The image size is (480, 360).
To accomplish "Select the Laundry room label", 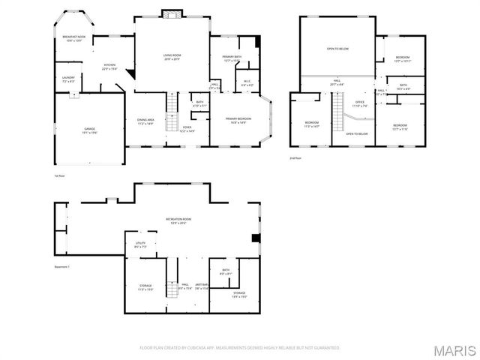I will click(x=68, y=78).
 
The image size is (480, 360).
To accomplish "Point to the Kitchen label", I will click(x=109, y=66).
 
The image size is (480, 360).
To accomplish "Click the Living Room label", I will click(x=172, y=56).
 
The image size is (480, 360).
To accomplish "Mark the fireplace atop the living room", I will click(x=172, y=13).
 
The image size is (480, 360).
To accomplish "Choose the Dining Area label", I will click(x=145, y=121).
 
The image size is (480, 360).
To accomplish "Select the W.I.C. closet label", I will click(x=246, y=83).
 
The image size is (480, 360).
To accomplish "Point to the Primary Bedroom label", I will click(x=239, y=120).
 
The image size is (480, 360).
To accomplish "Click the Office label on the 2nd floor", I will click(x=360, y=103).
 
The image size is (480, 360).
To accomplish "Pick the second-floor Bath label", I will click(x=403, y=87).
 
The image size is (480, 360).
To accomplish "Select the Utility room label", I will click(x=140, y=244).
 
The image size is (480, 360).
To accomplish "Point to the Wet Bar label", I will click(x=202, y=286).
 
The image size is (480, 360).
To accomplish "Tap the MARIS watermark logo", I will click(x=455, y=350).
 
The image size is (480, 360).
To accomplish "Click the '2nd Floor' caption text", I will click(x=296, y=158).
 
